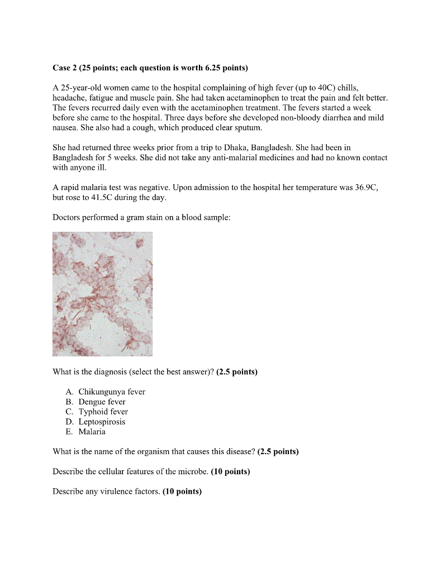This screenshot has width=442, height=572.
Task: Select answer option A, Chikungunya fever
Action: [111, 392]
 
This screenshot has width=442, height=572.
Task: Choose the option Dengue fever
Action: [102, 402]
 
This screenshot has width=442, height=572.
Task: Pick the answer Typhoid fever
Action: [103, 412]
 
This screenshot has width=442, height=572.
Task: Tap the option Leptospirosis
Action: [102, 422]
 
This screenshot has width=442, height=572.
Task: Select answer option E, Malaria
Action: [92, 432]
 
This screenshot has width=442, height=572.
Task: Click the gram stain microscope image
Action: [102, 294]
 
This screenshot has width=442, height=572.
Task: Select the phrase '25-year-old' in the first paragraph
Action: [80, 88]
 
